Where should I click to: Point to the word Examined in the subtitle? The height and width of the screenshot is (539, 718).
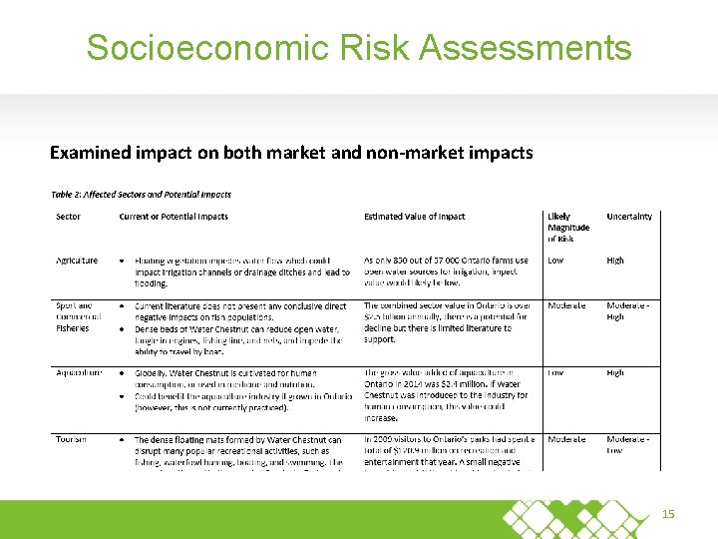click(x=90, y=153)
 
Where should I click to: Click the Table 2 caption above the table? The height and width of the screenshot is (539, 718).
click(x=141, y=195)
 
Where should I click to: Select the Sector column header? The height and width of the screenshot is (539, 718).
click(x=68, y=217)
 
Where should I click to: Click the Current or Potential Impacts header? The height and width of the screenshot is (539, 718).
click(x=174, y=217)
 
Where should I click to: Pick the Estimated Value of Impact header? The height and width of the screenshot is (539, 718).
click(x=415, y=217)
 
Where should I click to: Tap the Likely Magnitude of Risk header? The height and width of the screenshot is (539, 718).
click(x=568, y=228)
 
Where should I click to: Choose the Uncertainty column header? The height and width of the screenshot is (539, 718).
click(x=629, y=217)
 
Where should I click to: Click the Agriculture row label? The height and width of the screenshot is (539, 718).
click(x=77, y=261)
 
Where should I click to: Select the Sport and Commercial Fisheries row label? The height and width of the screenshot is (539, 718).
click(x=77, y=316)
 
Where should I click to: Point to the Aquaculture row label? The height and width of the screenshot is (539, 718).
click(x=79, y=373)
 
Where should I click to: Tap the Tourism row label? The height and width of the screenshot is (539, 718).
click(x=71, y=439)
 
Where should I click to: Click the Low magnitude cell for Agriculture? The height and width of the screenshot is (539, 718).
click(x=555, y=261)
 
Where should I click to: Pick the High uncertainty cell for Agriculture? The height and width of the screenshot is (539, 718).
click(x=615, y=261)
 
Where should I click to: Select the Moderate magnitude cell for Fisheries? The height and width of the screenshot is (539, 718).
click(x=566, y=305)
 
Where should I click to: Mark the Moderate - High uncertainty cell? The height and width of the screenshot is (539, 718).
click(x=628, y=311)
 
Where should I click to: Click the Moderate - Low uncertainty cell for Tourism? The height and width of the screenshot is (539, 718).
click(x=628, y=445)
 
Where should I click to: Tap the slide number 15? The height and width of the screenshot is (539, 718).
click(x=669, y=514)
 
